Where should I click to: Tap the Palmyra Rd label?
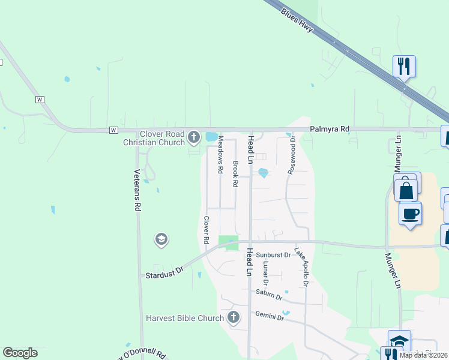click(x=330, y=129)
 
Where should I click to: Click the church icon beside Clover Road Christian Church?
click(x=193, y=138)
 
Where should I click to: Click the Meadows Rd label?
click(x=220, y=155)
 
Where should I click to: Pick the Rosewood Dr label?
click(x=292, y=155)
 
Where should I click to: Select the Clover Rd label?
click(x=206, y=230)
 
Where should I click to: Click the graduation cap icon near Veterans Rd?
click(x=161, y=240)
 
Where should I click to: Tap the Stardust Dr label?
click(x=163, y=275)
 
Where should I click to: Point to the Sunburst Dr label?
click(x=273, y=255)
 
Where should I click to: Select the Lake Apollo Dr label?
click(x=301, y=266)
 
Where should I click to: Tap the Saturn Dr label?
click(x=268, y=294)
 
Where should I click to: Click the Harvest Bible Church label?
click(x=185, y=317)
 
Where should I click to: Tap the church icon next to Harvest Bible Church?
click(x=234, y=317)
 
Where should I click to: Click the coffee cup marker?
click(x=410, y=214)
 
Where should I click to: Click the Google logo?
click(x=20, y=353)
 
